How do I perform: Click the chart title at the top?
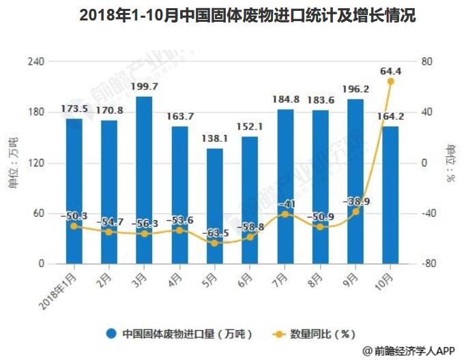(232, 15)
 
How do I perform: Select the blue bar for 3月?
(144, 180)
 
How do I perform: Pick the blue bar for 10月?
(390, 195)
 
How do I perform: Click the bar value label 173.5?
(74, 109)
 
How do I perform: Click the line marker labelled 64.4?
(390, 81)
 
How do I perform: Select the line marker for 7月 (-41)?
(285, 214)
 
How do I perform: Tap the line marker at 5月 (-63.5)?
(214, 243)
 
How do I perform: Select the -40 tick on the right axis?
(427, 213)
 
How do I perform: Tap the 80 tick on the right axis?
(427, 61)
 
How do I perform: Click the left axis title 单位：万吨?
(14, 163)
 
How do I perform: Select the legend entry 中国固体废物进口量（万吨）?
(181, 334)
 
